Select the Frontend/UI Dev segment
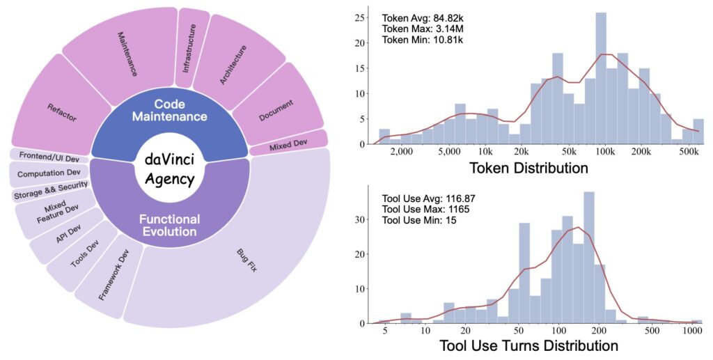click(x=47, y=155)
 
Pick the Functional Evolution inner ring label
click(x=169, y=225)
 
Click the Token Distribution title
click(x=528, y=168)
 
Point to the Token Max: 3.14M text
click(x=422, y=29)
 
